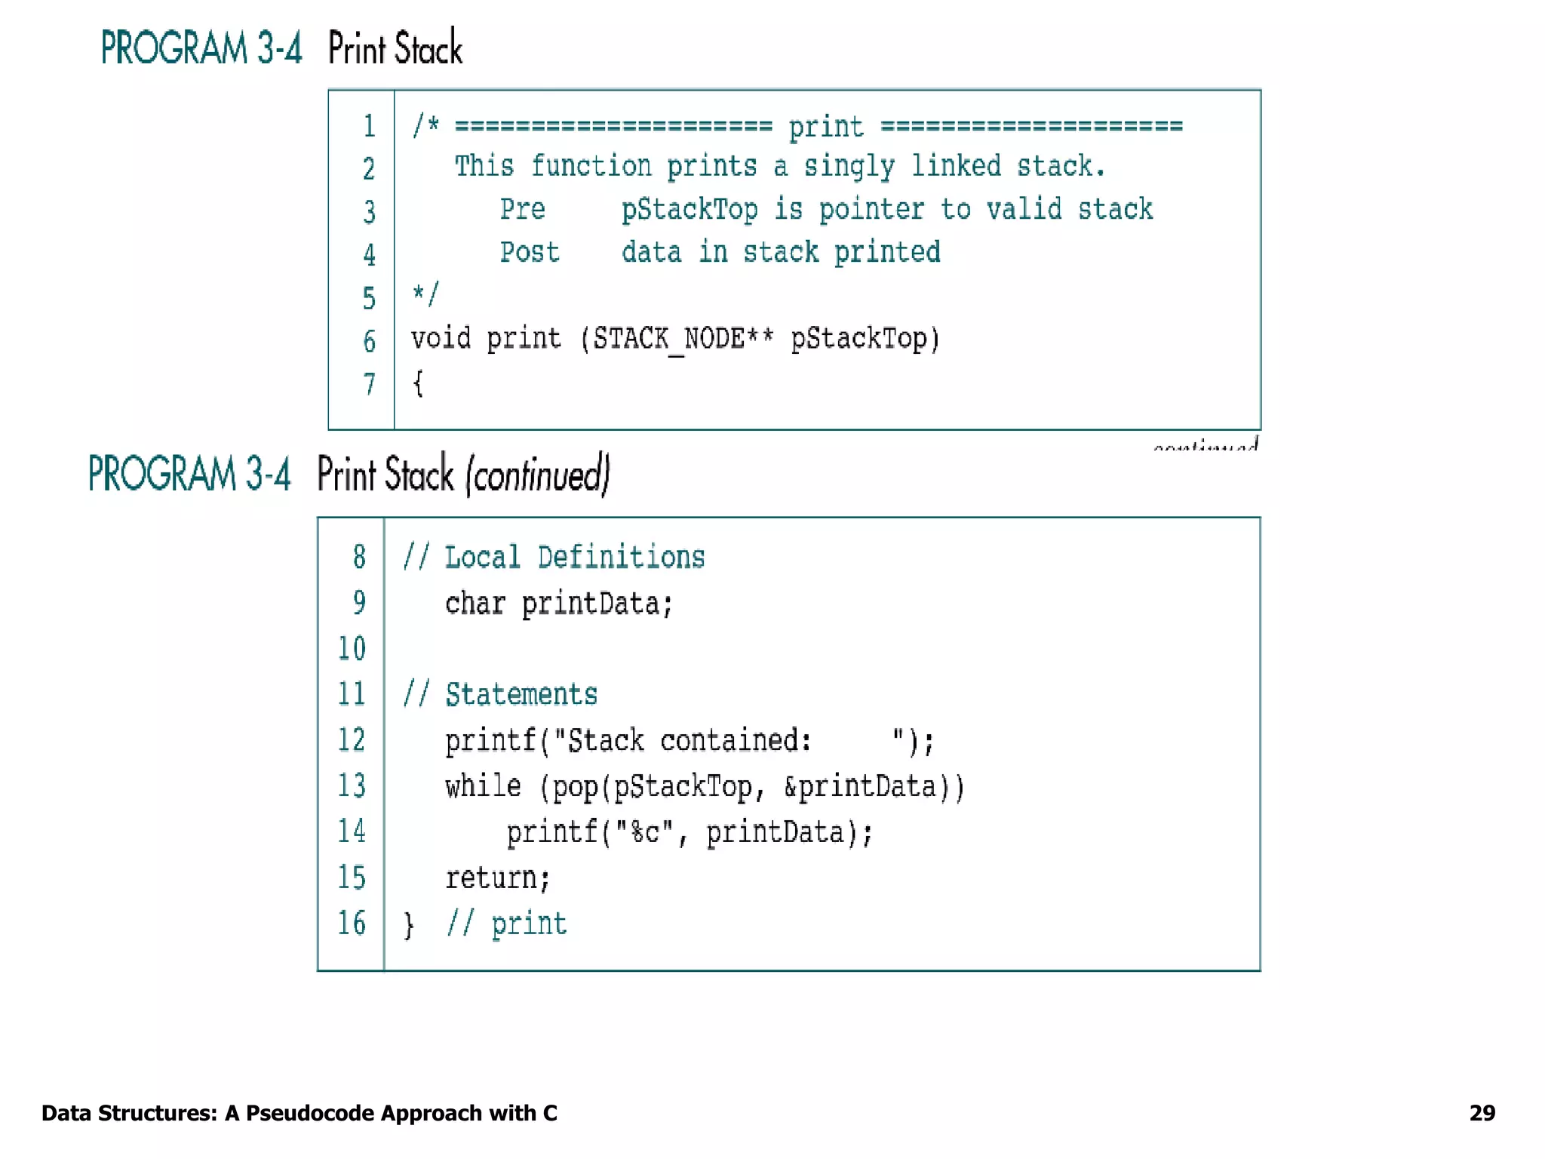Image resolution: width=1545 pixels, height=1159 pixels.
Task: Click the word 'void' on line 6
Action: click(441, 338)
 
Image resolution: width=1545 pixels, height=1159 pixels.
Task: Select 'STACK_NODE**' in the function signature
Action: click(683, 339)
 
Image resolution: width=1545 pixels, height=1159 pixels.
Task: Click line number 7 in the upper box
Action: click(369, 384)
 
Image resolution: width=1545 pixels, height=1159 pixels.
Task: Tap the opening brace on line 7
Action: click(418, 383)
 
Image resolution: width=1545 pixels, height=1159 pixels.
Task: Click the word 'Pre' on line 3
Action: click(522, 209)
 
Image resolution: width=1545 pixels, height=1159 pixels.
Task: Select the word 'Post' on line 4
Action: click(530, 252)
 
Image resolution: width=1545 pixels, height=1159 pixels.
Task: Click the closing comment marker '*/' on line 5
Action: click(425, 294)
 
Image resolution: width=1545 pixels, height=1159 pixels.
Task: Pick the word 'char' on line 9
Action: click(475, 604)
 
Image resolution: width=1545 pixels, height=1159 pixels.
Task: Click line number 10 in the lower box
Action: click(352, 648)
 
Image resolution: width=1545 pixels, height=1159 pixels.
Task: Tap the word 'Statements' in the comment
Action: click(521, 694)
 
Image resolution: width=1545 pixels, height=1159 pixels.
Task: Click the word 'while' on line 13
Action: click(483, 786)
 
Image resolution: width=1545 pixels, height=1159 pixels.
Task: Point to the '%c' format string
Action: click(644, 832)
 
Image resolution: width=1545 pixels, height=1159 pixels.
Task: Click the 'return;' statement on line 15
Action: click(497, 878)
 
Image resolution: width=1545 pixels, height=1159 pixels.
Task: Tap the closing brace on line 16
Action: click(409, 924)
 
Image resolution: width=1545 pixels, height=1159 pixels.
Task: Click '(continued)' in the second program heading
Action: click(537, 475)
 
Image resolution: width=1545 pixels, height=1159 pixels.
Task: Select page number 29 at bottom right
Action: click(1482, 1113)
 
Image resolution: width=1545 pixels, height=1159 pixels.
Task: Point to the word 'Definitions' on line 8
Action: click(621, 558)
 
